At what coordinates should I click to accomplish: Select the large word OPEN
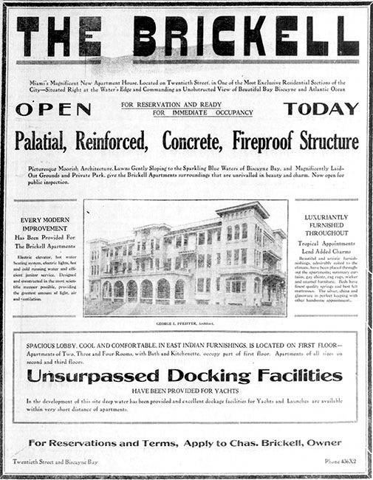click(x=53, y=109)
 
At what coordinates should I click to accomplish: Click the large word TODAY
click(x=321, y=109)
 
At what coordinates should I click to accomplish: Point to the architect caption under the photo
click(x=186, y=323)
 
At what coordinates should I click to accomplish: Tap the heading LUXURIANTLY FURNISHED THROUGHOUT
click(x=326, y=224)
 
